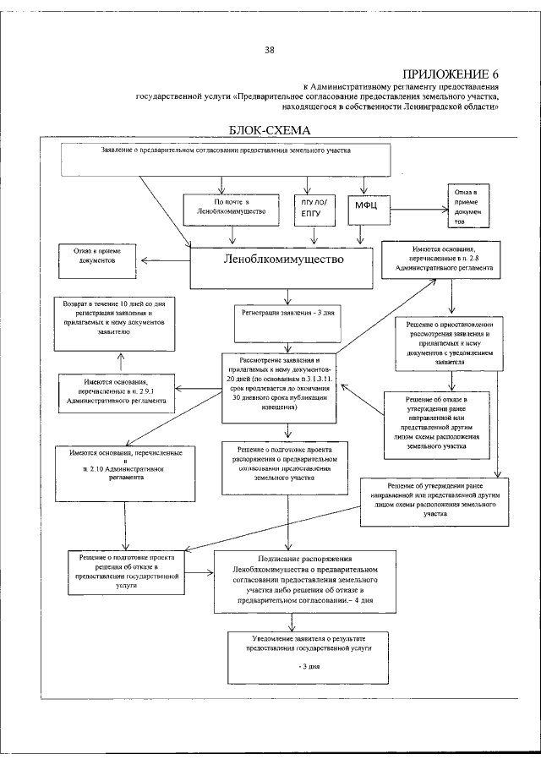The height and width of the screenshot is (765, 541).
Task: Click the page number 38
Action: [270, 50]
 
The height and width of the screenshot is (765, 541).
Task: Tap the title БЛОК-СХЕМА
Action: [270, 131]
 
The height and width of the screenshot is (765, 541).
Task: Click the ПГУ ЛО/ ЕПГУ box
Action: [313, 210]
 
